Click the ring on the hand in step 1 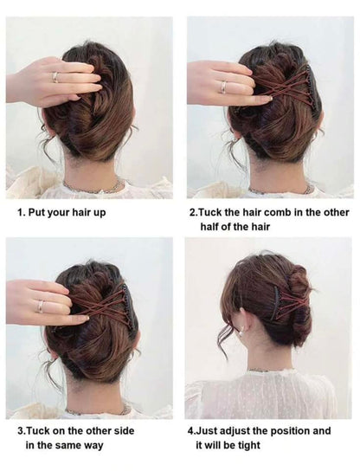coord(55,77)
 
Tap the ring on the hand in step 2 coord(224,87)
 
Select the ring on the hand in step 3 coord(40,306)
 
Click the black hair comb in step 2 coord(309,84)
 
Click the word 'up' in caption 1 coord(99,213)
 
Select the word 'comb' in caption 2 coord(273,213)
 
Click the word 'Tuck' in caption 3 coord(39,430)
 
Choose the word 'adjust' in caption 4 coord(235,431)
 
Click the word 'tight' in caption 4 coord(249,445)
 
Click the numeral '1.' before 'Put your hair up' coord(21,213)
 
